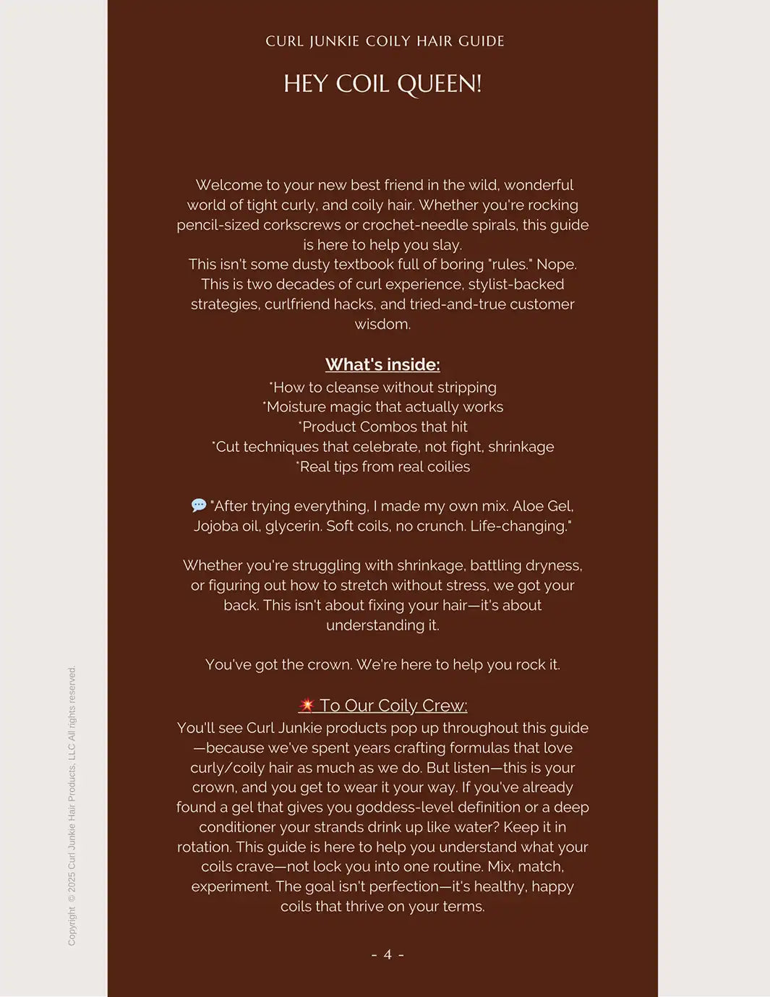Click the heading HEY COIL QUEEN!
382,84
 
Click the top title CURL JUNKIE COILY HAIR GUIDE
385,41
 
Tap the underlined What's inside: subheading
382,364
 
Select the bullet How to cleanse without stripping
383,388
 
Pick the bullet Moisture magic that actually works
383,407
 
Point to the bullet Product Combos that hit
383,427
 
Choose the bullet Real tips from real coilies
383,466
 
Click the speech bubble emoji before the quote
199,505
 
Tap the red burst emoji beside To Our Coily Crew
307,705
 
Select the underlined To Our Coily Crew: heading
393,706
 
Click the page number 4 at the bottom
388,954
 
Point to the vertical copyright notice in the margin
72,805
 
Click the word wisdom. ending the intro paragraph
382,324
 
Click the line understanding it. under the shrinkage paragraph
382,625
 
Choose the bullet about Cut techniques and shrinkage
383,447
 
